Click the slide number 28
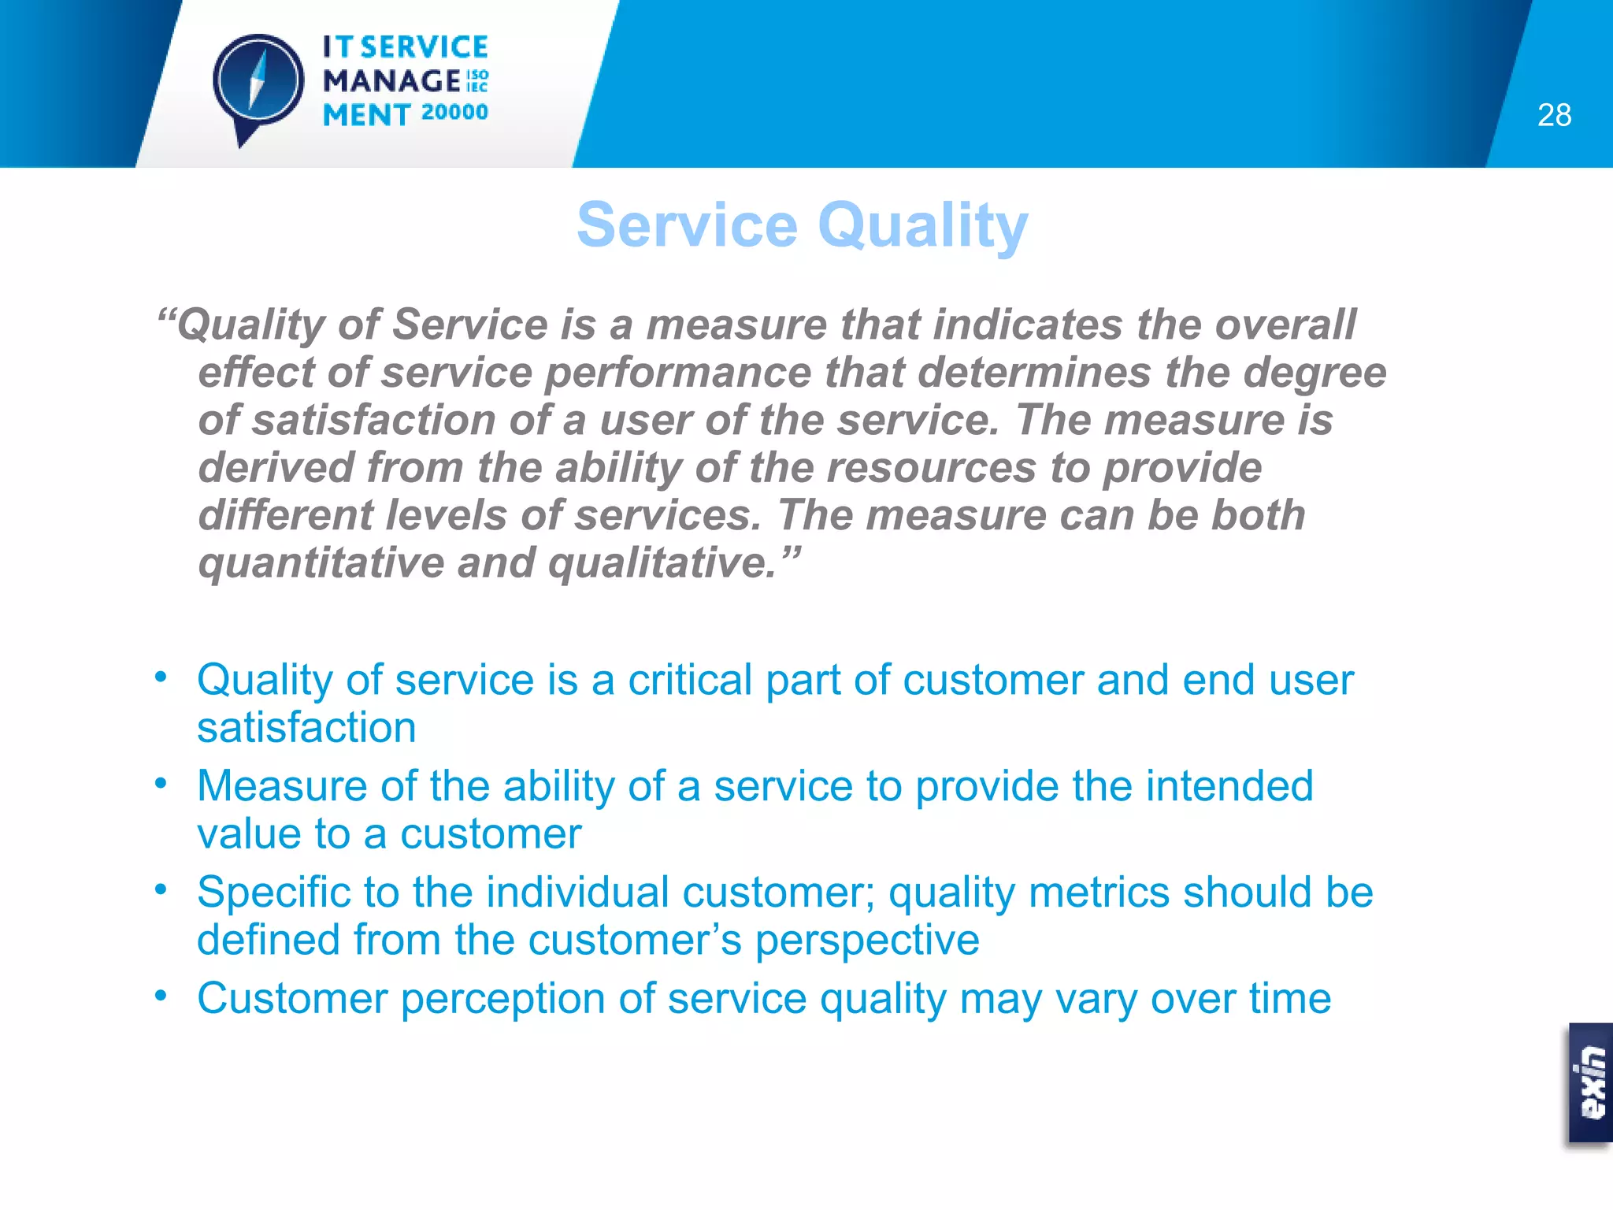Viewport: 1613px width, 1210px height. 1554,115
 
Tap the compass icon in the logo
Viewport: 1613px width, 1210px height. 258,82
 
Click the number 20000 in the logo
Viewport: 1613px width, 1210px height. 454,113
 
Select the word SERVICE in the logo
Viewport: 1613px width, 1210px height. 425,47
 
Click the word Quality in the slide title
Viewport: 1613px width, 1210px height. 923,225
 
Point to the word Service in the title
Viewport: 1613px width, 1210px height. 688,225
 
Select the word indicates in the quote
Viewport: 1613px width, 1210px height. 1028,325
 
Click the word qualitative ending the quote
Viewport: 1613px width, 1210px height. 662,563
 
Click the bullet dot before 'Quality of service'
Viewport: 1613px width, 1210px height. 161,677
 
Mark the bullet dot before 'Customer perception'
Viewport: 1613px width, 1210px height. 161,996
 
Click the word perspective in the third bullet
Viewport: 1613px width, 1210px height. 867,941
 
